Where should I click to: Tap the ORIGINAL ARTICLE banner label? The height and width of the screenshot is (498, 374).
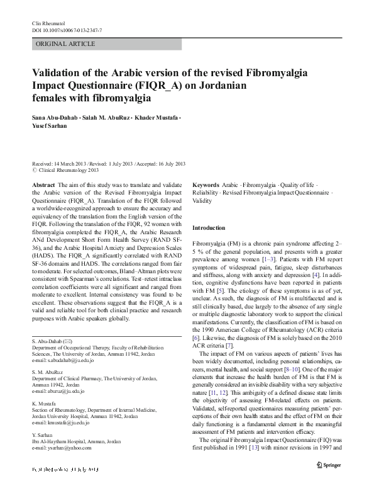point(66,44)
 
